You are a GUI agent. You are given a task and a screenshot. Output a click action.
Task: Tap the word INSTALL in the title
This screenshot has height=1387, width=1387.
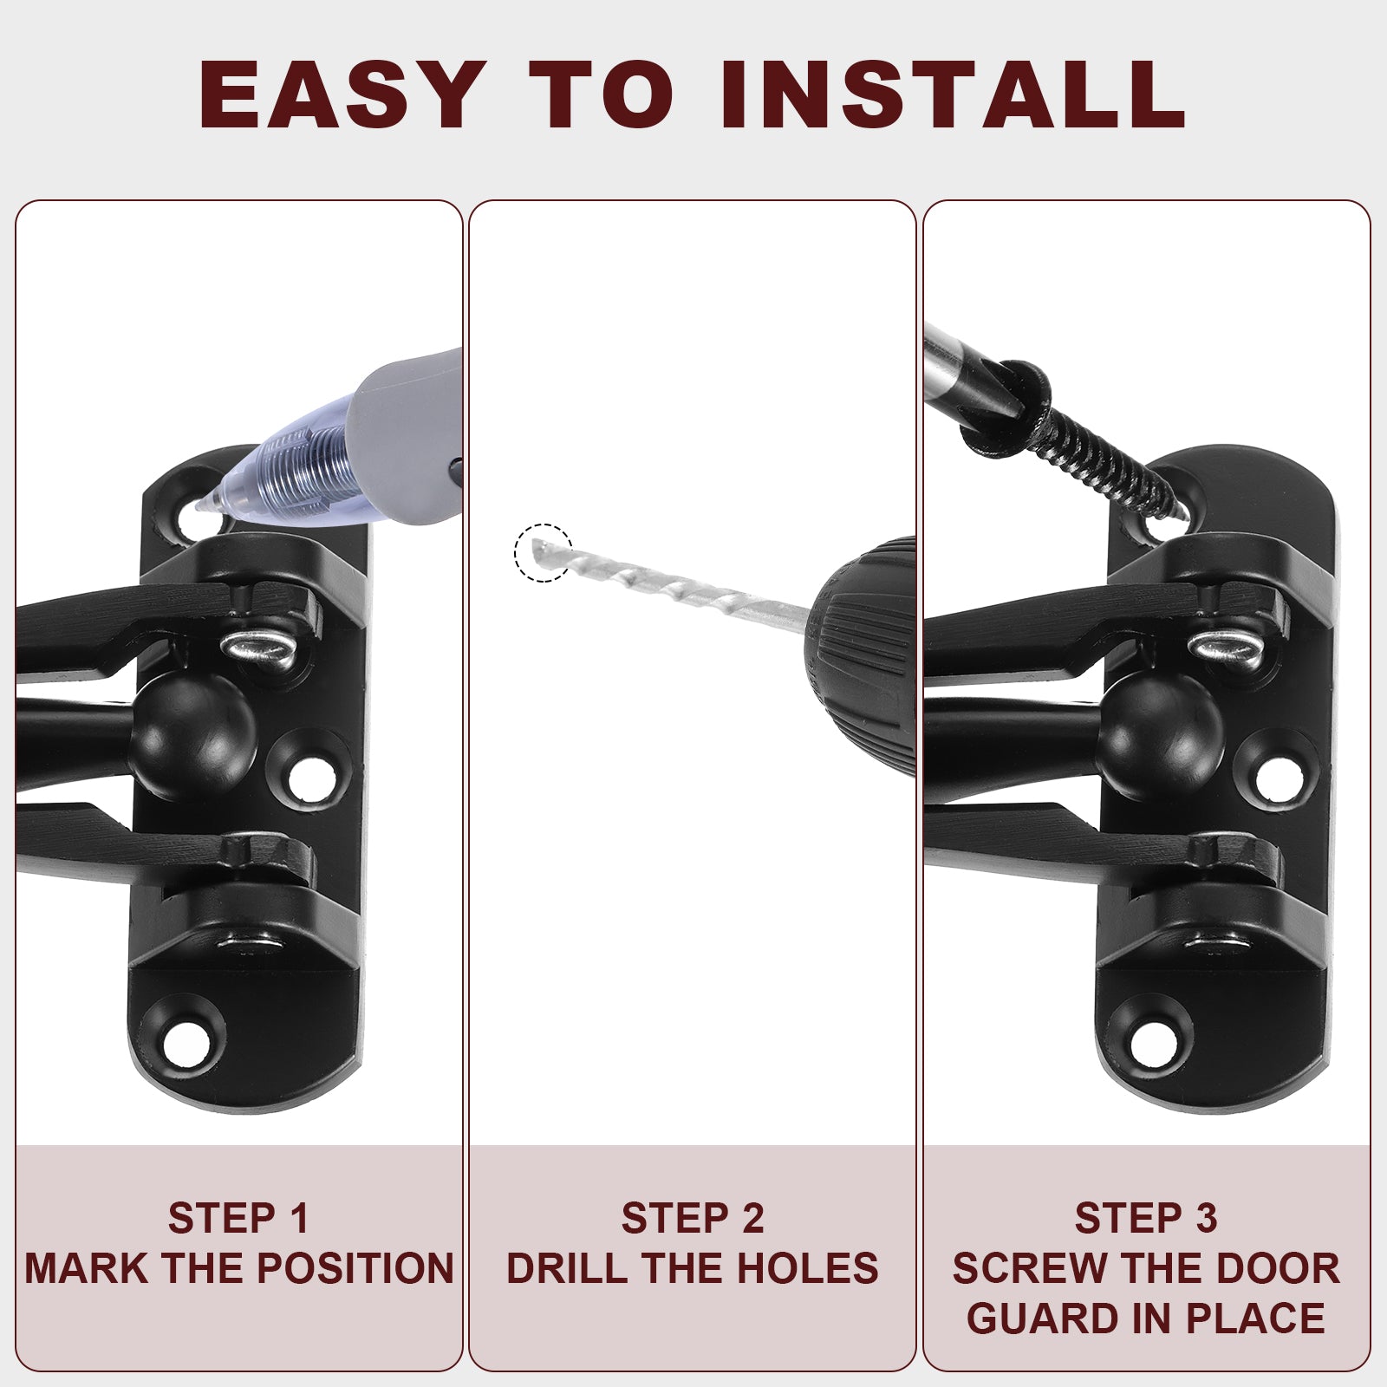click(952, 94)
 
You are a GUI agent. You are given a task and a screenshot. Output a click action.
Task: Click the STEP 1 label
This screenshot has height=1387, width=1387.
click(238, 1218)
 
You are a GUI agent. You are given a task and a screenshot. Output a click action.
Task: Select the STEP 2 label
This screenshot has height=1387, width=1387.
click(693, 1218)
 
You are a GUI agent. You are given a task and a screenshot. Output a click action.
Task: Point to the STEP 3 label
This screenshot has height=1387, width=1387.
click(1146, 1218)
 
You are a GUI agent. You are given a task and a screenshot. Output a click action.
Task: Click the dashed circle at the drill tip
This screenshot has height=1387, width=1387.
click(544, 552)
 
